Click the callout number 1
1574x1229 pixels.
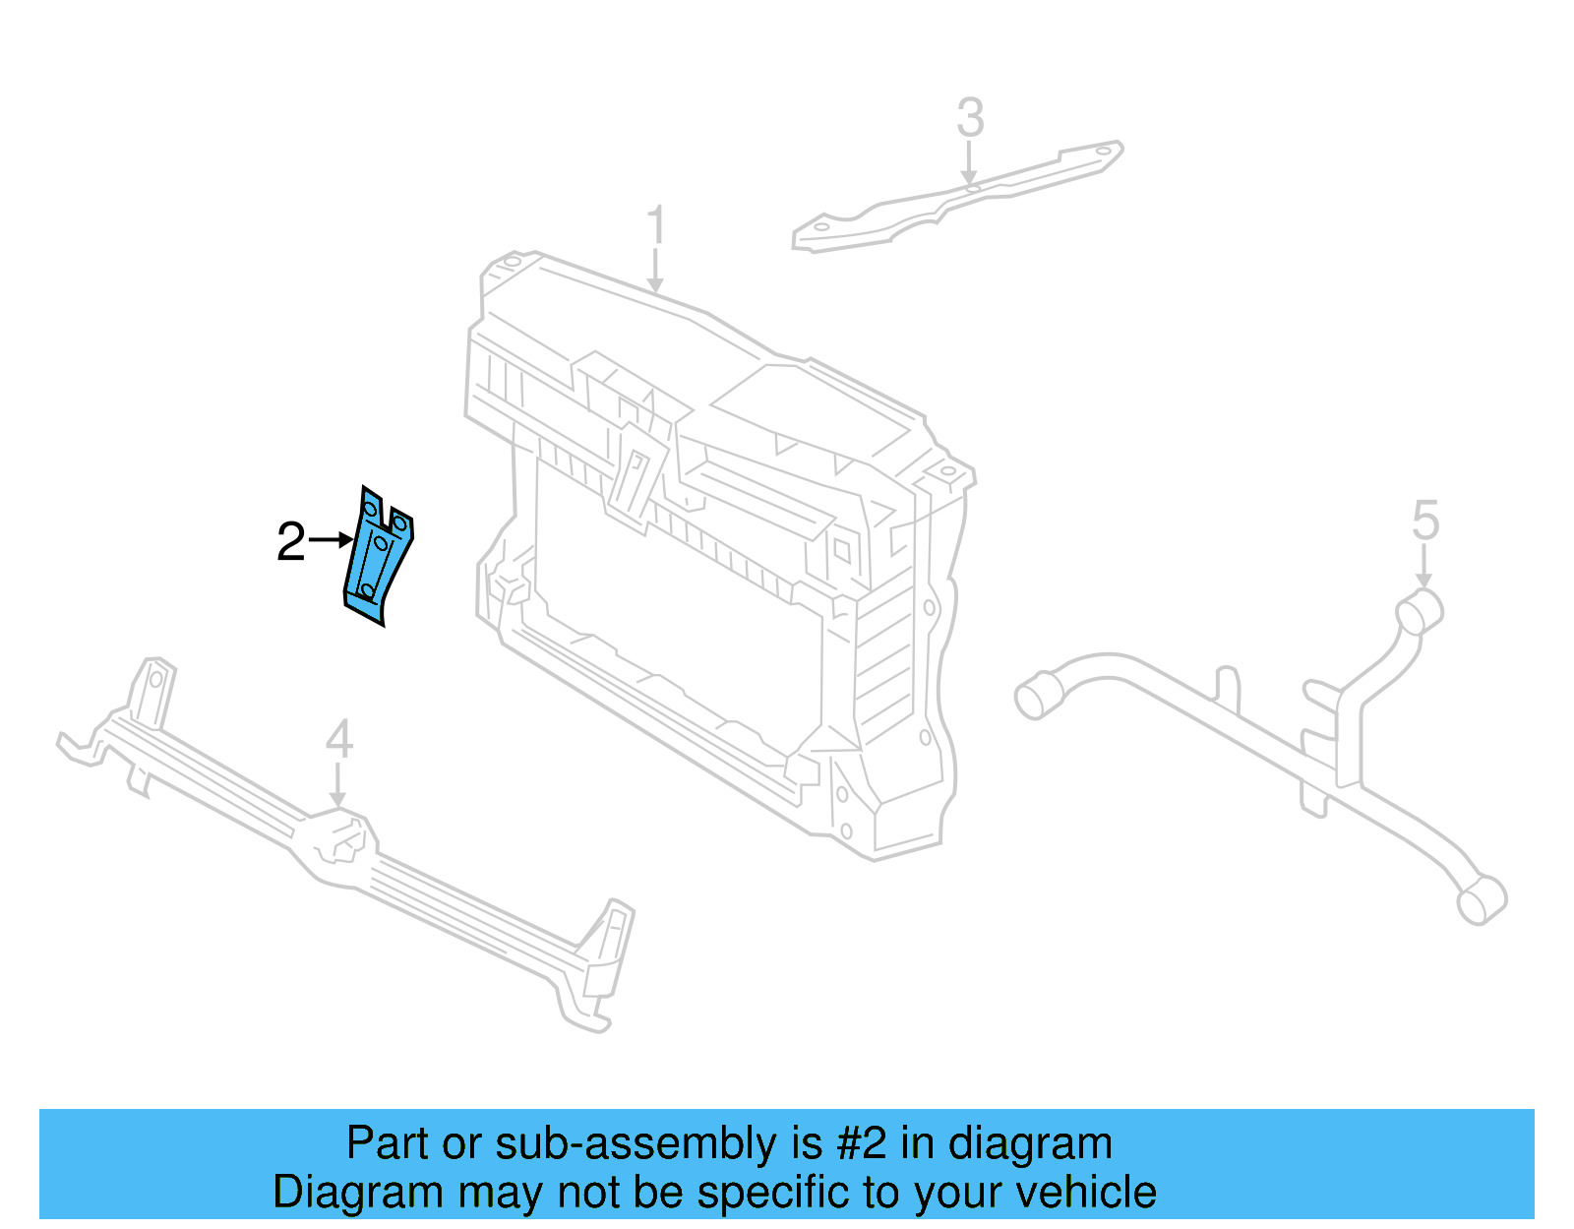pos(656,225)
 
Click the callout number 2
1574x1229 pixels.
pos(291,542)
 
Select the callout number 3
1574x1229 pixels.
pos(970,118)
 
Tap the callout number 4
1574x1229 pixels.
pos(338,739)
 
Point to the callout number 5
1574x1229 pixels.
pos(1425,521)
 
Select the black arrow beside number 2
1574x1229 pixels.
pos(331,539)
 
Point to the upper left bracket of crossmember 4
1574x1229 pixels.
pos(153,689)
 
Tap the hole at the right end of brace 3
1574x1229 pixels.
pos(1104,153)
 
